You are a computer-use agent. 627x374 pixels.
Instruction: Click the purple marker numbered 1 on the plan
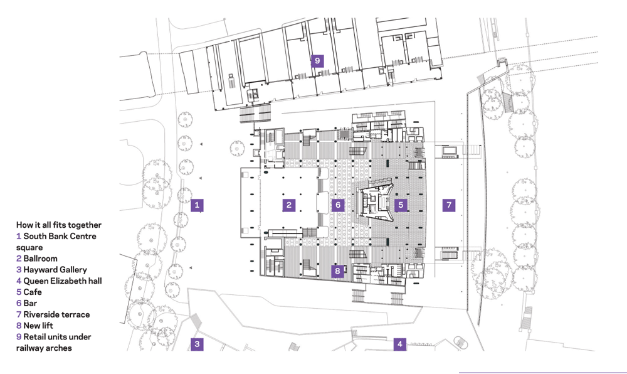[197, 205]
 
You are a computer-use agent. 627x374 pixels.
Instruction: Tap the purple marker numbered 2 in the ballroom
[288, 205]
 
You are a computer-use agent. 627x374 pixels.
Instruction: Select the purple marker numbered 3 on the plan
[197, 344]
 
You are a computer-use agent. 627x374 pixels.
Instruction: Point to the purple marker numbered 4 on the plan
[400, 344]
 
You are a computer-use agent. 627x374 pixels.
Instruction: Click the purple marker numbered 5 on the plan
[401, 205]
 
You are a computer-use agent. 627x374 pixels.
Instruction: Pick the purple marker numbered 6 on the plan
[338, 205]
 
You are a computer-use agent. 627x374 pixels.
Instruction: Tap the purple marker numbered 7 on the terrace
[449, 205]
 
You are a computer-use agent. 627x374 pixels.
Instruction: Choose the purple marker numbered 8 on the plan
[337, 271]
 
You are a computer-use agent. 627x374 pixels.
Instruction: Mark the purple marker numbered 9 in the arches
[317, 61]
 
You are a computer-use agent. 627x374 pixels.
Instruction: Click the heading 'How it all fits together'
[59, 225]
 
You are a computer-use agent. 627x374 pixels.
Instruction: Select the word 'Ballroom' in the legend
[40, 259]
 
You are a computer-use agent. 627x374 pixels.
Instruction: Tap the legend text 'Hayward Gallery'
[55, 270]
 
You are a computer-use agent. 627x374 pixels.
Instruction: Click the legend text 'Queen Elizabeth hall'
[63, 280]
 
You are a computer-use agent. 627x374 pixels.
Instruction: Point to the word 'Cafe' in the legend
[33, 292]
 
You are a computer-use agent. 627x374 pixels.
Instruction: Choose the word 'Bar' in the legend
[30, 303]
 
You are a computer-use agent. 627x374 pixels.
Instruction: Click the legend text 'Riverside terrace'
[57, 314]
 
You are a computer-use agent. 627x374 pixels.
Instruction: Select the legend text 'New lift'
[38, 326]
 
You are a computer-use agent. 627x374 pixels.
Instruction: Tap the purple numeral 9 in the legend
[19, 337]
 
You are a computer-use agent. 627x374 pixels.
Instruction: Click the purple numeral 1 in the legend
[18, 236]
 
